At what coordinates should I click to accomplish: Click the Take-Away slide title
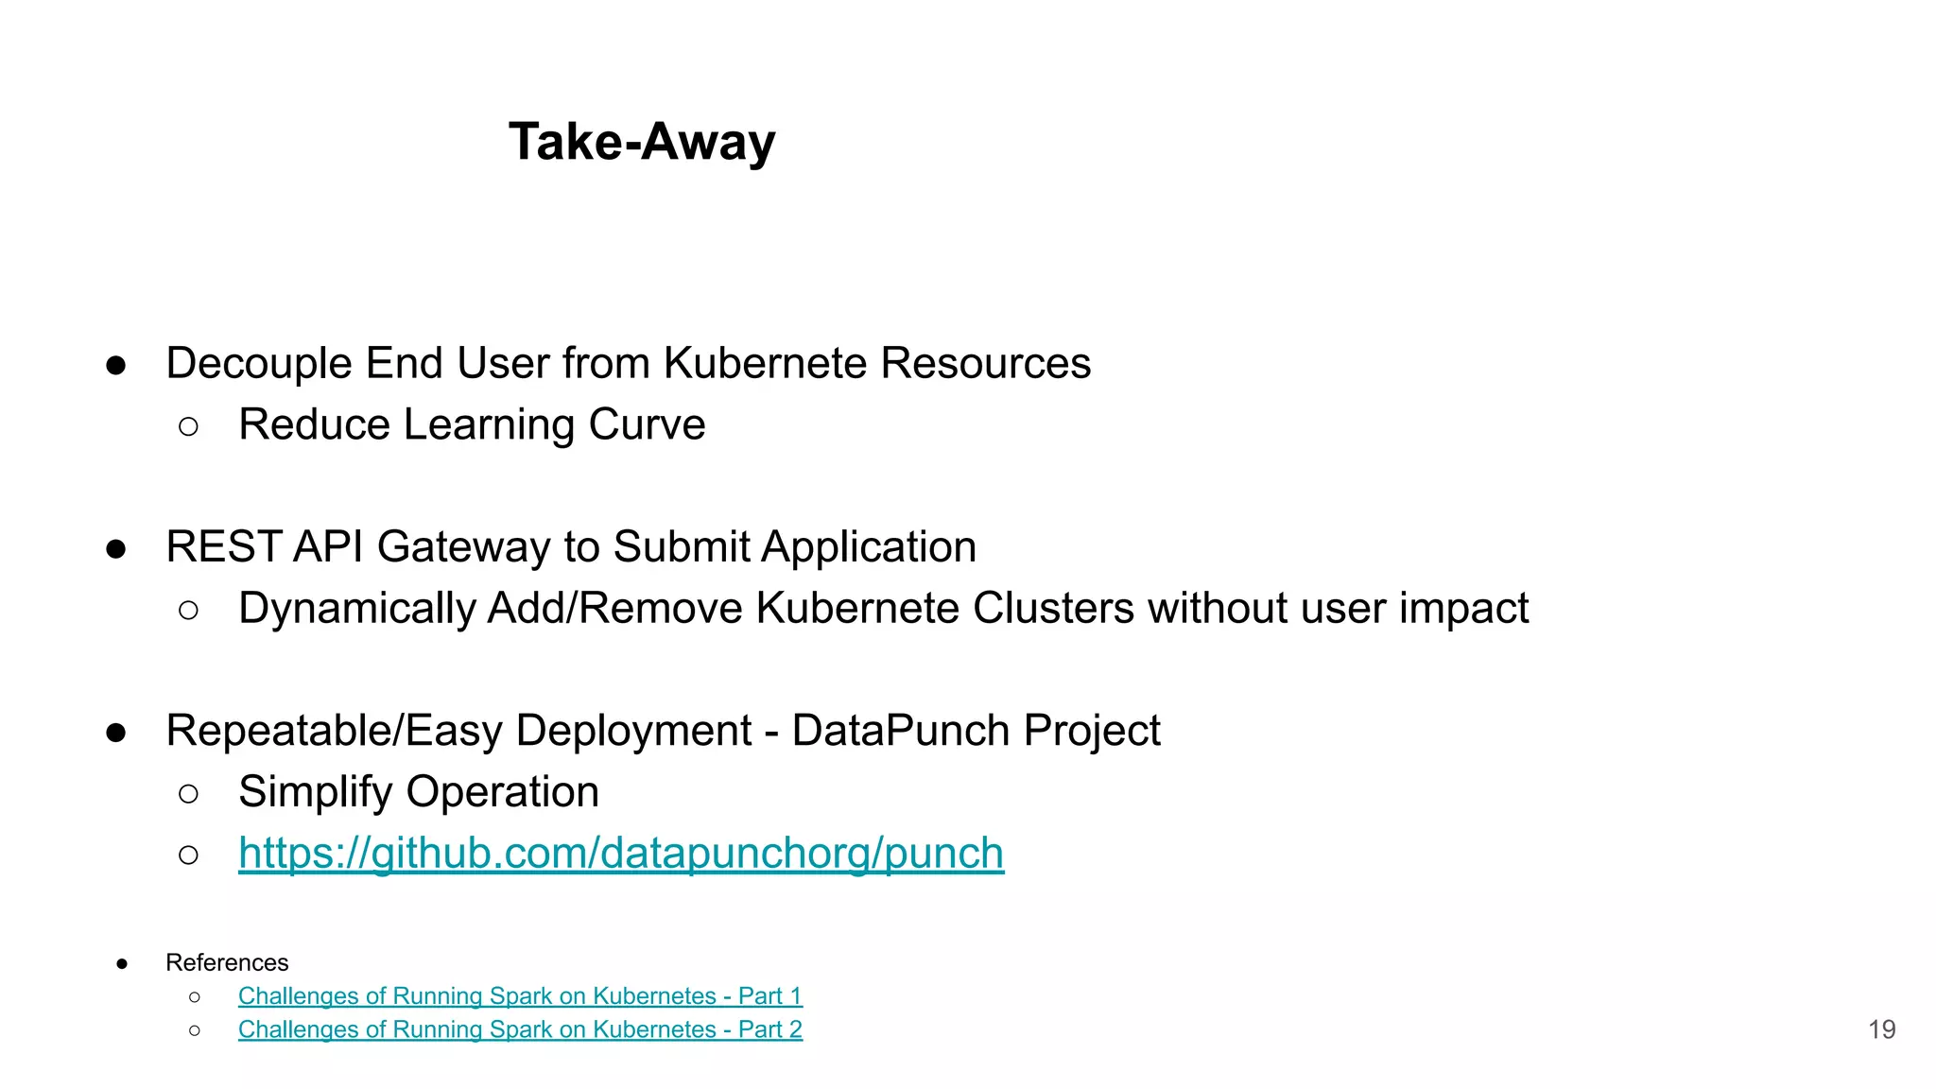coord(642,142)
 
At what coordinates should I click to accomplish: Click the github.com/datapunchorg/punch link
coord(620,853)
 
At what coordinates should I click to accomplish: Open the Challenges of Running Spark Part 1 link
coord(520,995)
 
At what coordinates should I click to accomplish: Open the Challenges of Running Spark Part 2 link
coord(520,1028)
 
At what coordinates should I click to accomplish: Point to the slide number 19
coord(1881,1029)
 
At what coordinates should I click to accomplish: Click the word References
coord(227,962)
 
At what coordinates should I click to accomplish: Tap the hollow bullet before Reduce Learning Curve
coord(188,427)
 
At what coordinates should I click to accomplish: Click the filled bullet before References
coord(122,964)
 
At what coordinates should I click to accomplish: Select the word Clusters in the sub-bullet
coord(1053,609)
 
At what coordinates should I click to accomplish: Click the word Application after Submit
coord(869,547)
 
